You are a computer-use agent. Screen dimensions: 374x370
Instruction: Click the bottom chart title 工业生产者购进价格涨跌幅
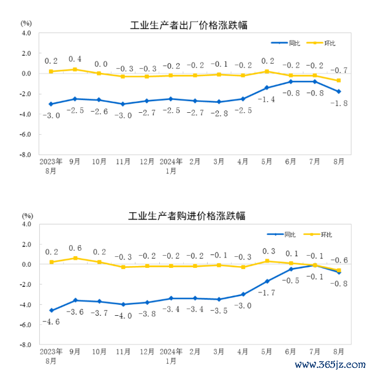187,216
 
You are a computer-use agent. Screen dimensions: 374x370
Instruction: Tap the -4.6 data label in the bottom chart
51,321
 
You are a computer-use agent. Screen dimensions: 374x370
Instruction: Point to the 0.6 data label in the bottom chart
75,248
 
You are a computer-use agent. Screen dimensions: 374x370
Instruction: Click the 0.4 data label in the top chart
75,59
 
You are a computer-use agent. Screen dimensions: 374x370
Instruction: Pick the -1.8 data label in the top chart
339,103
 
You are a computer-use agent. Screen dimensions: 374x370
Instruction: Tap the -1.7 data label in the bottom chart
266,292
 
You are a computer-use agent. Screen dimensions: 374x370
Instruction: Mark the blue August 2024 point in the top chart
339,91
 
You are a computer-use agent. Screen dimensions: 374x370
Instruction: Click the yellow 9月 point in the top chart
75,69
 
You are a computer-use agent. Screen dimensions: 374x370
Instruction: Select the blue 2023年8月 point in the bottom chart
51,310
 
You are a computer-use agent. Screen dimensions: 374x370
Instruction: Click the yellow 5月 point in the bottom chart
266,261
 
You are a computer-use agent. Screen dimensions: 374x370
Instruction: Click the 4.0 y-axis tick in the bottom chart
25,224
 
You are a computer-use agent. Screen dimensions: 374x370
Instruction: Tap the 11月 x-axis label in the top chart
123,162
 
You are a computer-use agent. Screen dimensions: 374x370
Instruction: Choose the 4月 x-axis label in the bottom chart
243,352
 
